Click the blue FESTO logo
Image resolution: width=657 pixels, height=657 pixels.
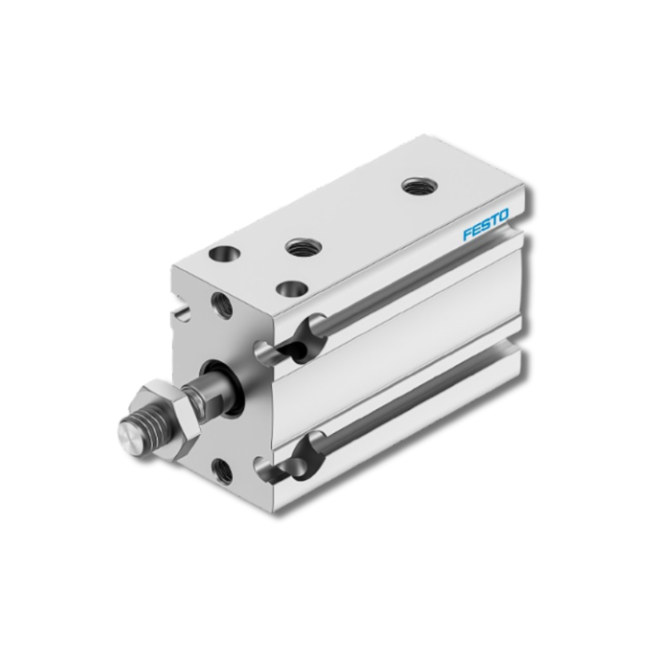click(x=486, y=225)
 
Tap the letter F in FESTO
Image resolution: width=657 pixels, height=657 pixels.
click(x=467, y=234)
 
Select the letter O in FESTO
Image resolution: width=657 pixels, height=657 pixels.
click(x=504, y=215)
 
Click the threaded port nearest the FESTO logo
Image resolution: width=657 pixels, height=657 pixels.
click(x=420, y=185)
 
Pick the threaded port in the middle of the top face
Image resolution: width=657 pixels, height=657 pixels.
click(x=303, y=247)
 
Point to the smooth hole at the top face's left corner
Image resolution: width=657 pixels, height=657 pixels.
click(x=225, y=253)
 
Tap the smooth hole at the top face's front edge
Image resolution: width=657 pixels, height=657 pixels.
click(x=292, y=289)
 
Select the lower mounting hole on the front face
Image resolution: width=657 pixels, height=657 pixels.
click(x=223, y=469)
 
